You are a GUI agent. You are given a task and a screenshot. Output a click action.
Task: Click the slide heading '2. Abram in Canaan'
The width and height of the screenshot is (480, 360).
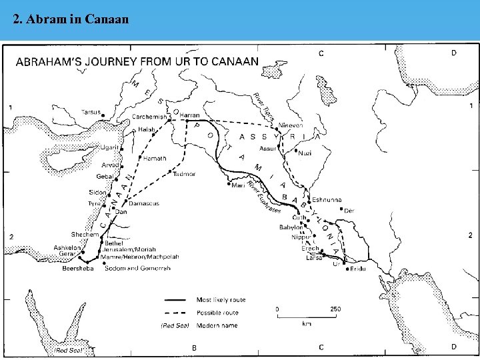pos(71,19)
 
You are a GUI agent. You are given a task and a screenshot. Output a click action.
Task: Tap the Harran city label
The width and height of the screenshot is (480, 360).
pos(190,115)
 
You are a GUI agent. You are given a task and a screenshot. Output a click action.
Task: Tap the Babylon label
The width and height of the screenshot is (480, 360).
pos(291,227)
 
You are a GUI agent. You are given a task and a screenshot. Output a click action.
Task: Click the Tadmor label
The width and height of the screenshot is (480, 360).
pos(184,174)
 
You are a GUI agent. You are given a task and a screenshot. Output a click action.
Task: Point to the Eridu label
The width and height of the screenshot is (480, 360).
pos(358,268)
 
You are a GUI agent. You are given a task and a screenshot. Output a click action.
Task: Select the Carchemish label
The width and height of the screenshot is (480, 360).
pos(149,116)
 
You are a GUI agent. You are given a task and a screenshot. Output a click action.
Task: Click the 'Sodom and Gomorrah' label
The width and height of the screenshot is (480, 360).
pos(138,269)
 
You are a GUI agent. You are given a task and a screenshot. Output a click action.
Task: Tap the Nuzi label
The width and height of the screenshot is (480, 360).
pos(305,153)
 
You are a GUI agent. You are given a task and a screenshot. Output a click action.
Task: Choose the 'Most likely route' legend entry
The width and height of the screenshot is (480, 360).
pos(221,300)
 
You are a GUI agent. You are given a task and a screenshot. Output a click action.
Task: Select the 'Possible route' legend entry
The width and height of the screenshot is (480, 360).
pos(217,313)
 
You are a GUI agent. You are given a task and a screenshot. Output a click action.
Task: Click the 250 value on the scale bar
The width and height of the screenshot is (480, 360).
pos(335,309)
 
